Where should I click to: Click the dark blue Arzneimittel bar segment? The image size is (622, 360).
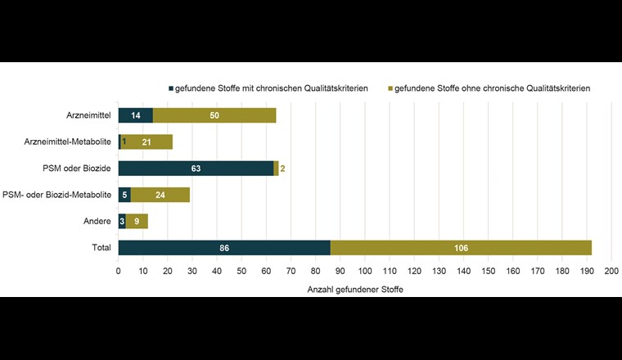click(135, 115)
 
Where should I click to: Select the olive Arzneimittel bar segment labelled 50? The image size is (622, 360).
click(214, 115)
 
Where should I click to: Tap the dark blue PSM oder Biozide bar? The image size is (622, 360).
click(196, 169)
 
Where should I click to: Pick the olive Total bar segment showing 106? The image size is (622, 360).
click(462, 247)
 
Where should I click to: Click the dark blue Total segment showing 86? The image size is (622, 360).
click(224, 247)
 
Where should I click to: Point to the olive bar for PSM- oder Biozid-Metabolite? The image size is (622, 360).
click(160, 195)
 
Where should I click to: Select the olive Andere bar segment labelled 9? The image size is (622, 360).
click(137, 221)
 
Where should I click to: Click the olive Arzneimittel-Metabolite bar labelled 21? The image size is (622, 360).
click(146, 142)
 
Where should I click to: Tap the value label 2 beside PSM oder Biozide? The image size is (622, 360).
click(282, 169)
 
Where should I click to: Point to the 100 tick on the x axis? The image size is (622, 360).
click(365, 271)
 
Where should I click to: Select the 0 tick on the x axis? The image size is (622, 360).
click(119, 271)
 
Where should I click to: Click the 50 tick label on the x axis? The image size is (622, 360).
click(241, 271)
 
